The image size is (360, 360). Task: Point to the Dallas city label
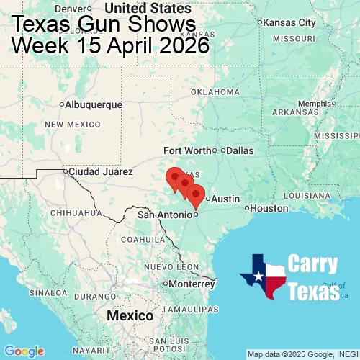point(240,150)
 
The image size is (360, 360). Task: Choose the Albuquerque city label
point(94,104)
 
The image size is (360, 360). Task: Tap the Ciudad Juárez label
point(100,172)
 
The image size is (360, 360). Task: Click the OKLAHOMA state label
point(215,92)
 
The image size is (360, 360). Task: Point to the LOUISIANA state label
point(307,195)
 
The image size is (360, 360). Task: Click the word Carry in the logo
point(313,264)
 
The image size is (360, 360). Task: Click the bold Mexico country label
point(130,316)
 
